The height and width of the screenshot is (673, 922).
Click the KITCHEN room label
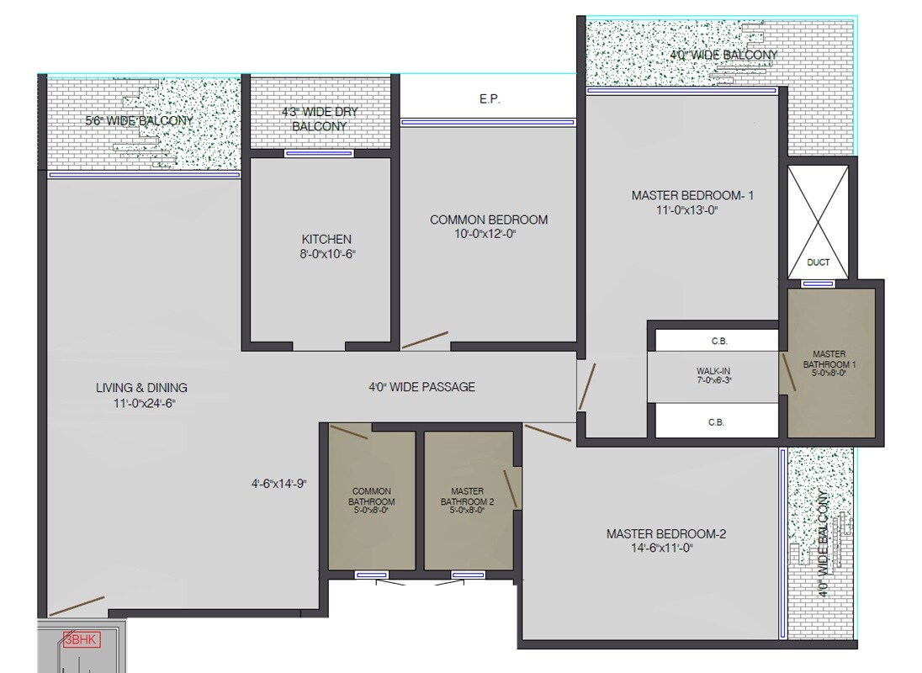[x=326, y=240]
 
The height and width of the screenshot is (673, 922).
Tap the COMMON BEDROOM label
[x=488, y=220]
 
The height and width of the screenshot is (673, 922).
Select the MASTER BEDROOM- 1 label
[x=692, y=196]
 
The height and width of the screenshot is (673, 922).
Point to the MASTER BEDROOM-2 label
[x=665, y=534]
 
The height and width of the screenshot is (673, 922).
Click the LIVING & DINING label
[x=141, y=388]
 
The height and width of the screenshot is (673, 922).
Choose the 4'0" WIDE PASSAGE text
[x=421, y=387]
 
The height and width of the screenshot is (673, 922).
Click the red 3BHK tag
[x=82, y=640]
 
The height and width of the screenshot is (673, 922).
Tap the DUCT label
[x=818, y=262]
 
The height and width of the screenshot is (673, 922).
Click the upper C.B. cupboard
[x=718, y=341]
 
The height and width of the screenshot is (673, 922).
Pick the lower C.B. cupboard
[x=718, y=422]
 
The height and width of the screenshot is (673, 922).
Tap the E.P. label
[x=490, y=99]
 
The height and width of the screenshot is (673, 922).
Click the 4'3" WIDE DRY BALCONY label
[x=320, y=119]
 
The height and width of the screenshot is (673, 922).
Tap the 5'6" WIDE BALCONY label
[x=139, y=120]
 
